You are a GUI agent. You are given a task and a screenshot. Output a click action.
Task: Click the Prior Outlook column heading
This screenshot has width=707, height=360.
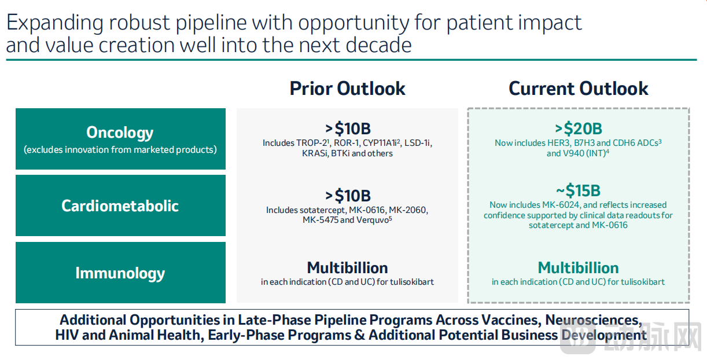click(x=347, y=89)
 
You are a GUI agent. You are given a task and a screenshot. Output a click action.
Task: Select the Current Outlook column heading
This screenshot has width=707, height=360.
click(x=578, y=89)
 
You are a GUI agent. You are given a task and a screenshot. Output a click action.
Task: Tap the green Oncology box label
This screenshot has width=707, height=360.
click(x=120, y=133)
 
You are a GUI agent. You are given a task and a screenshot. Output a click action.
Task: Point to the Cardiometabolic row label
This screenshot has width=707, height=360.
click(x=120, y=206)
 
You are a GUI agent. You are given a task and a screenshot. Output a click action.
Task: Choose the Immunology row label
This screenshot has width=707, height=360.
click(x=120, y=273)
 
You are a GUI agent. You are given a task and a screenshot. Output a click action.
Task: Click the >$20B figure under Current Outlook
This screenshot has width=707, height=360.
click(x=579, y=128)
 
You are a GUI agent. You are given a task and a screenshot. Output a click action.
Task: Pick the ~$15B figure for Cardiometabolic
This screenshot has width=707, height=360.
click(x=578, y=190)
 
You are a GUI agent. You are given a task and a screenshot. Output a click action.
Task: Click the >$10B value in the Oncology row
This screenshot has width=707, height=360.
click(x=348, y=128)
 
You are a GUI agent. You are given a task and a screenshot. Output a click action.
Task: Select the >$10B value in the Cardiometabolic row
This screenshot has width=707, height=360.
click(x=348, y=196)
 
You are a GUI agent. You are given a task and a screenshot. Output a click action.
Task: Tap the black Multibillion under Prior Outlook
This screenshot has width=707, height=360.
click(x=347, y=268)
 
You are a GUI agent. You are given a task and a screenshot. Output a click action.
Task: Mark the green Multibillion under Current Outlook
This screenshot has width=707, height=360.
click(x=578, y=268)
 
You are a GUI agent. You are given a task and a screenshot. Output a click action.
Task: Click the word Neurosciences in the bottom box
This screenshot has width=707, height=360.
click(x=594, y=320)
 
